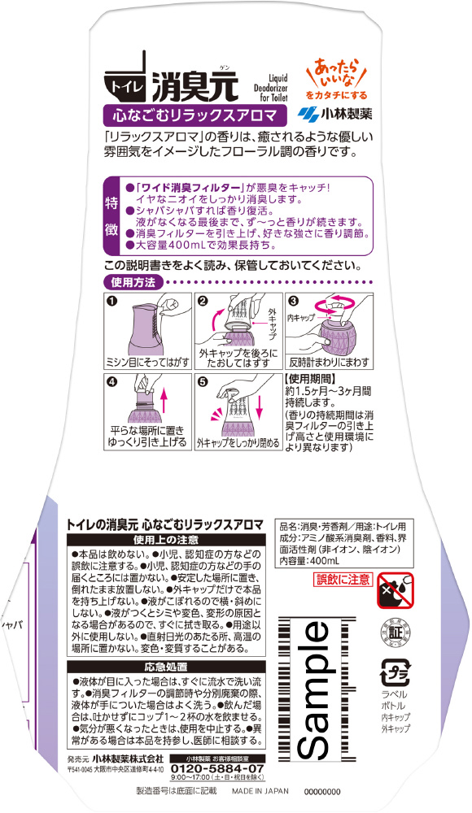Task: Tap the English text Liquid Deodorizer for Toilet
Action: pyautogui.click(x=270, y=88)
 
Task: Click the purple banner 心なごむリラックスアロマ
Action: pyautogui.click(x=195, y=114)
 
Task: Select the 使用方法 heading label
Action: pyautogui.click(x=133, y=283)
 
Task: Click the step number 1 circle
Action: pyautogui.click(x=111, y=300)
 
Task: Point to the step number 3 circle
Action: pyautogui.click(x=294, y=301)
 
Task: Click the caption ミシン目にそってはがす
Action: pyautogui.click(x=148, y=363)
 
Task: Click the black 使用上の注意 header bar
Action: pyautogui.click(x=166, y=540)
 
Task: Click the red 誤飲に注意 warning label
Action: pyautogui.click(x=343, y=580)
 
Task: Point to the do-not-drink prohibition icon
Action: pyautogui.click(x=396, y=590)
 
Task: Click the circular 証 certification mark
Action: pyautogui.click(x=396, y=633)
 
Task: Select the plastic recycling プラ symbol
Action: pyautogui.click(x=396, y=672)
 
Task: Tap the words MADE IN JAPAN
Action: pyautogui.click(x=260, y=791)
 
